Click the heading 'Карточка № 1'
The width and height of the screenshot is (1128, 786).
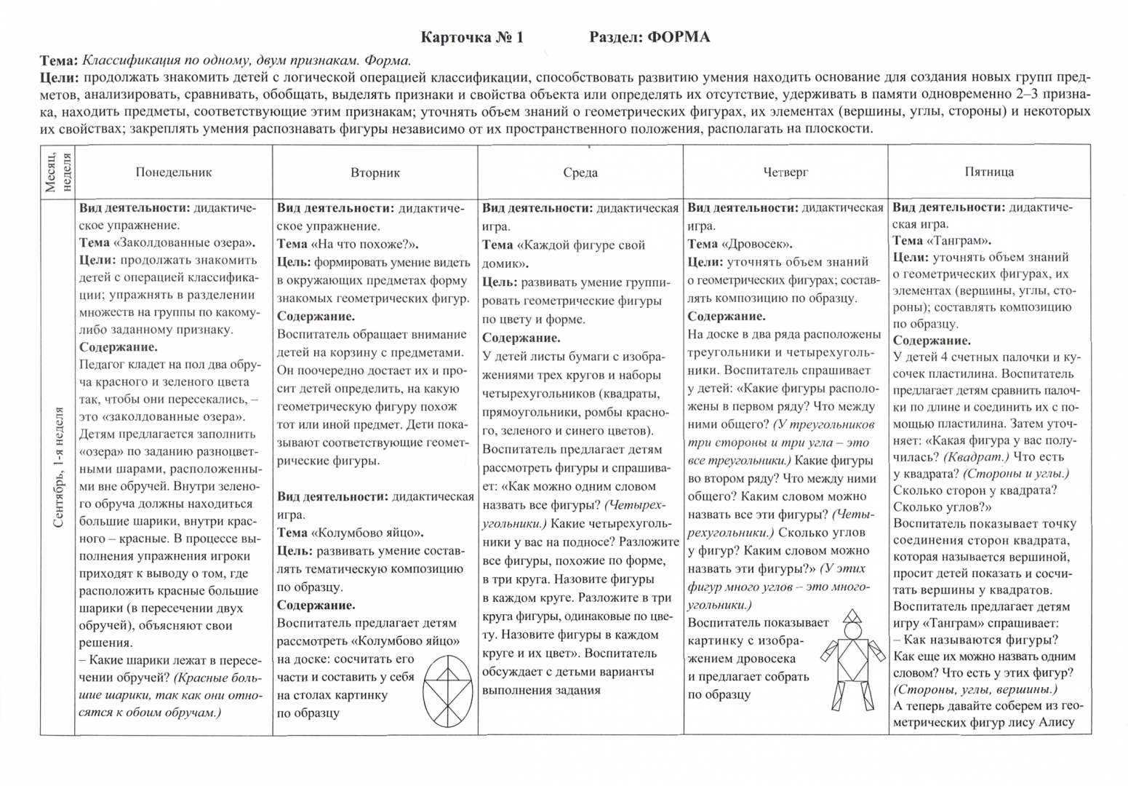coord(473,37)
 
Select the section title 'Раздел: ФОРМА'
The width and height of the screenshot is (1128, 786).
coord(649,37)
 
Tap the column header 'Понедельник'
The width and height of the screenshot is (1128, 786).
coord(173,172)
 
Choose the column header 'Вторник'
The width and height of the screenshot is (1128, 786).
coord(375,172)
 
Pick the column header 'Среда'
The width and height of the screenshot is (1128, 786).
coord(580,172)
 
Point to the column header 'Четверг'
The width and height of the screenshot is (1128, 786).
coord(785,172)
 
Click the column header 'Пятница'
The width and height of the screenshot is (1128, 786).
coord(989,172)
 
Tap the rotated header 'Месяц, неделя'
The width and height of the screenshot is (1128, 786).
coord(57,172)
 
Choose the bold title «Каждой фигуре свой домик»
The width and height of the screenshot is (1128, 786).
coord(564,254)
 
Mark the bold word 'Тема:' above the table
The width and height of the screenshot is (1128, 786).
coord(60,60)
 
